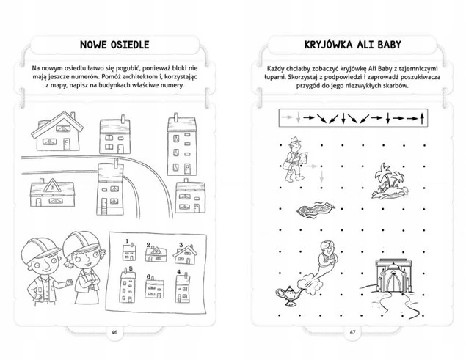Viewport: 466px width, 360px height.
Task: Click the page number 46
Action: click(114, 332)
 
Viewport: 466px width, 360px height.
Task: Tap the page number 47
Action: click(352, 332)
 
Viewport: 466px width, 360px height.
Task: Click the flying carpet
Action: click(316, 209)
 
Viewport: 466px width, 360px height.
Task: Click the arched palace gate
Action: click(393, 276)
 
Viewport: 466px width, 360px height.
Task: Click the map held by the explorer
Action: click(303, 157)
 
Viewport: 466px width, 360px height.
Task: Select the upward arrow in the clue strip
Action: click(422, 118)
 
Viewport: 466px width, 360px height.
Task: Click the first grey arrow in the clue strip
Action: click(288, 117)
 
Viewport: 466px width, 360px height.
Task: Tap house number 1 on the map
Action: click(130, 252)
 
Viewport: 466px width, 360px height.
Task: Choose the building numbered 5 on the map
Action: click(128, 286)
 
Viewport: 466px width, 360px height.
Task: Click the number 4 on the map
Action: click(178, 272)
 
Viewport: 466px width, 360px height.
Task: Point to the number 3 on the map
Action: click(181, 246)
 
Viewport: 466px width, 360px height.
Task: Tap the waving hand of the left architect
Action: click(69, 282)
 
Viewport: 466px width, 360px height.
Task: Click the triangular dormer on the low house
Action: click(52, 185)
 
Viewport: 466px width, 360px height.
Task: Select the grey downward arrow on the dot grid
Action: click(321, 176)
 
